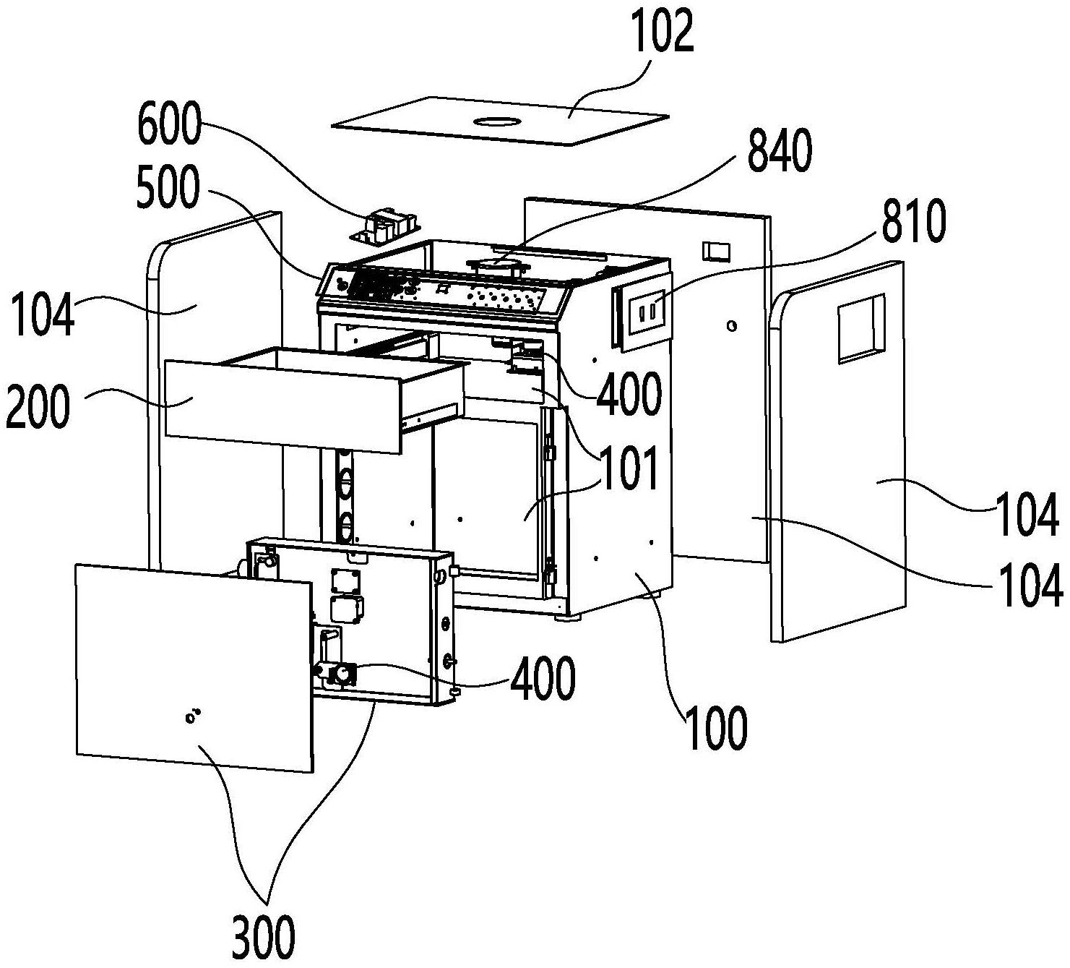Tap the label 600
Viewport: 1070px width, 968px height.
[x=168, y=124]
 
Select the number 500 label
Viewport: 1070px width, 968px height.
[x=166, y=189]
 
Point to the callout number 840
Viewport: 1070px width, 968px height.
[x=780, y=152]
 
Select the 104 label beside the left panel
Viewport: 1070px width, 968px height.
[x=43, y=317]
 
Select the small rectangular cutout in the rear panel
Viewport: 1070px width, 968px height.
[x=717, y=252]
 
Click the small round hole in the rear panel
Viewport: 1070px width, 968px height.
[x=732, y=327]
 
